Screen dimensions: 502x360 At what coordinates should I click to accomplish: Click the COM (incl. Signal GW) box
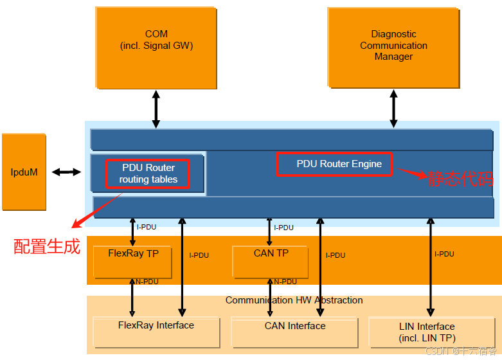point(156,48)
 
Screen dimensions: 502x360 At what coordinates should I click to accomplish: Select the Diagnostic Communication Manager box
point(393,48)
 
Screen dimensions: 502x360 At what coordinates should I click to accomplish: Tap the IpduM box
point(24,172)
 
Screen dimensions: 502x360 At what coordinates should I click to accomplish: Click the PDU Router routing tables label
point(148,174)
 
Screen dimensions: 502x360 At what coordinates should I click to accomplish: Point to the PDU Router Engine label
point(339,164)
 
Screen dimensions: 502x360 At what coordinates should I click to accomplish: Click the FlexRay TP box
point(132,262)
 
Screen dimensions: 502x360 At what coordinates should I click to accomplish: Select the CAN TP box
point(271,262)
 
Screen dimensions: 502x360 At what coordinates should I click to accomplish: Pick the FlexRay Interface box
point(156,332)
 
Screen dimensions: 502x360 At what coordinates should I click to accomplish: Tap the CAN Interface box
point(294,332)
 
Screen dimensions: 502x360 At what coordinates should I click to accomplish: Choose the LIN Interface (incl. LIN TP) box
point(432,332)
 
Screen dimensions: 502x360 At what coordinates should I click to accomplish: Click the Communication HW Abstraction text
point(294,300)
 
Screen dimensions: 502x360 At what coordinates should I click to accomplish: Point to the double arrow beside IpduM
point(66,172)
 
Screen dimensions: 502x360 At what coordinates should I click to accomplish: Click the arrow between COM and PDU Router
point(156,109)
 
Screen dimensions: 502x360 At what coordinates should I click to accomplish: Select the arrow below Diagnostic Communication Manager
point(393,109)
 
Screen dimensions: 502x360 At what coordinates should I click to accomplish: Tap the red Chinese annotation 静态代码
point(460,179)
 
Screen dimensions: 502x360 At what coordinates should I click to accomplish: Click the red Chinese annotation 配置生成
point(47,247)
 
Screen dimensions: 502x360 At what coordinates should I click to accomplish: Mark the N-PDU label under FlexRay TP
point(147,282)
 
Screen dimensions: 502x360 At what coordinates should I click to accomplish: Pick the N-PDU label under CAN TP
point(285,282)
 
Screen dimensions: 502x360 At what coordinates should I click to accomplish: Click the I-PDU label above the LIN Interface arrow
point(444,254)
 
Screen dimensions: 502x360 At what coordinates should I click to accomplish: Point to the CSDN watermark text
point(461,351)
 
